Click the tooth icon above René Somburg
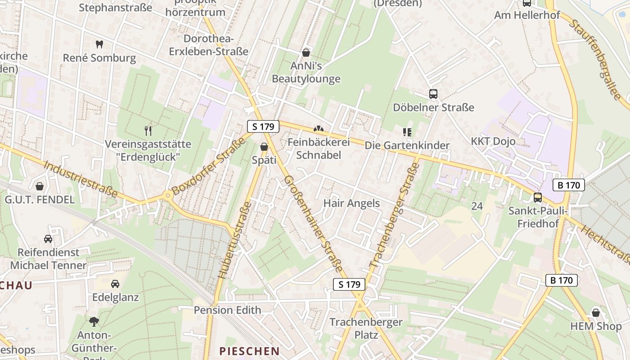coord(99,44)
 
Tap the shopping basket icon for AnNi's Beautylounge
coord(306,53)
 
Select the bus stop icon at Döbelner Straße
coord(433,94)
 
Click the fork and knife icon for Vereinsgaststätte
coord(148,130)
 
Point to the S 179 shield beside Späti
coord(263,126)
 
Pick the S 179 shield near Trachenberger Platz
coord(349,284)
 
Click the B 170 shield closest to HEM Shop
coord(562,280)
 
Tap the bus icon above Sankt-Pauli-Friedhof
coord(538,197)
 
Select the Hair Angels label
coord(351,203)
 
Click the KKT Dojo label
coord(493,141)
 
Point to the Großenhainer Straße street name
coord(313,224)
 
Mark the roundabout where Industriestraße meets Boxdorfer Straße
coord(167,195)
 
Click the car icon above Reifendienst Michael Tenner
coord(48,238)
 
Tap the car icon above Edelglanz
coord(115,283)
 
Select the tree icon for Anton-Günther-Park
coord(94,321)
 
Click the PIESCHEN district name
coord(249,351)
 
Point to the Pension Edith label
coord(227,310)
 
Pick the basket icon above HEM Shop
coord(596,312)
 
